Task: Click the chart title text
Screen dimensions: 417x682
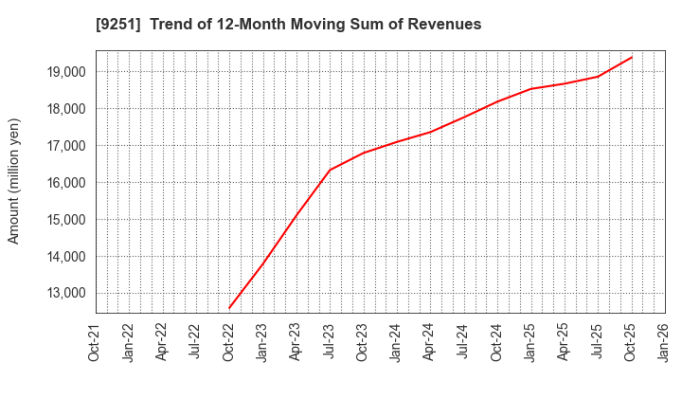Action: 288,24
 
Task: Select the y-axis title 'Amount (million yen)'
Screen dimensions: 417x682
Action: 14,181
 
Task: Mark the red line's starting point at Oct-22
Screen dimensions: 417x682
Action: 229,308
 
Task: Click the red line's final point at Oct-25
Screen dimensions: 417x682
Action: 632,57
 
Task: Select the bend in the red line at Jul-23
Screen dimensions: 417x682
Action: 330,170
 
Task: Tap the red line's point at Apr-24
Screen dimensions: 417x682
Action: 430,132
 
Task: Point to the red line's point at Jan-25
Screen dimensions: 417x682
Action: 530,89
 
